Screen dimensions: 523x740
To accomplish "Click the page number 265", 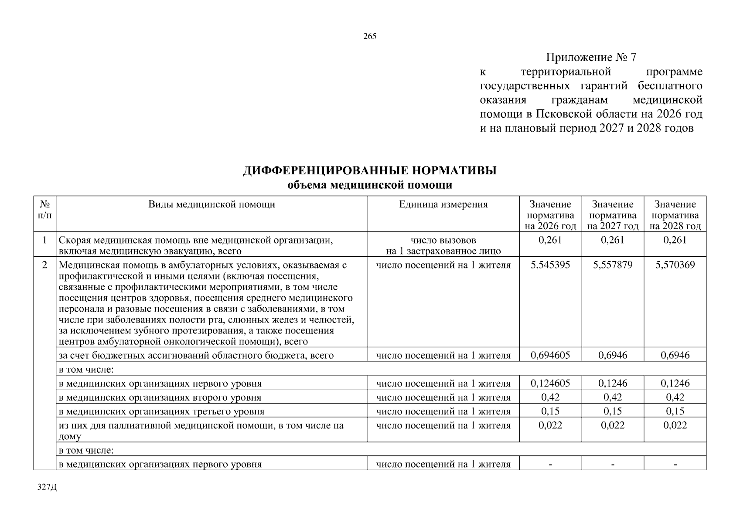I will tap(370, 37).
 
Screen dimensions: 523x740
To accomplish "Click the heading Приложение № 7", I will tap(591, 58).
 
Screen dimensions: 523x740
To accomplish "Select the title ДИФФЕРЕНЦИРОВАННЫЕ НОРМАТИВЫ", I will tap(370, 171).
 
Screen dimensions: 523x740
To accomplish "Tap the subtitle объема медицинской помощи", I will tap(370, 185).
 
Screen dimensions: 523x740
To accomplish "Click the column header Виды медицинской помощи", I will tap(211, 204).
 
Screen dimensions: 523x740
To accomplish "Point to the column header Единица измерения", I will tap(443, 204).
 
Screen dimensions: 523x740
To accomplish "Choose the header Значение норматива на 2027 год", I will tap(613, 215).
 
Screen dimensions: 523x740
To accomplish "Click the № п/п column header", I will tap(44, 210).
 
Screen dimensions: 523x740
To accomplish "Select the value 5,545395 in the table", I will tap(550, 265).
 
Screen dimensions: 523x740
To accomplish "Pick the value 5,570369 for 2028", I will tap(675, 265).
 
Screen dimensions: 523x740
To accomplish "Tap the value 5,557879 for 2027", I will tap(613, 265).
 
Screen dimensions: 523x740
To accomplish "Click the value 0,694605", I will tap(550, 355).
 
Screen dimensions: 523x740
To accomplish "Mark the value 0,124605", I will tap(550, 384).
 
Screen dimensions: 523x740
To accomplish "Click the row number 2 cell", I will tap(44, 265).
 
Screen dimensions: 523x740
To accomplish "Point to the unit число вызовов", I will tap(443, 240).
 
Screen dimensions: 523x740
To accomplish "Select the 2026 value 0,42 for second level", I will tap(550, 397).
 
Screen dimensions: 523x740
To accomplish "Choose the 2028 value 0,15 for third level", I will tap(675, 411).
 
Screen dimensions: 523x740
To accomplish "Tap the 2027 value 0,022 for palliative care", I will tap(613, 425).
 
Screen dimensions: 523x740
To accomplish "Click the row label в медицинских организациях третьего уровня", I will tap(161, 411).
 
